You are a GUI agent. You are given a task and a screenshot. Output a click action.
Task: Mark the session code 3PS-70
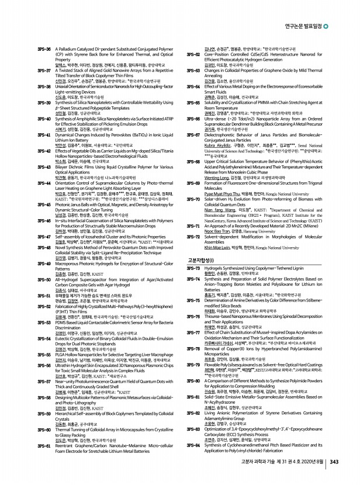pyautogui.click(x=194, y=199)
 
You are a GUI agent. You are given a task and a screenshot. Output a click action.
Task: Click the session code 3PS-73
pyautogui.click(x=194, y=267)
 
